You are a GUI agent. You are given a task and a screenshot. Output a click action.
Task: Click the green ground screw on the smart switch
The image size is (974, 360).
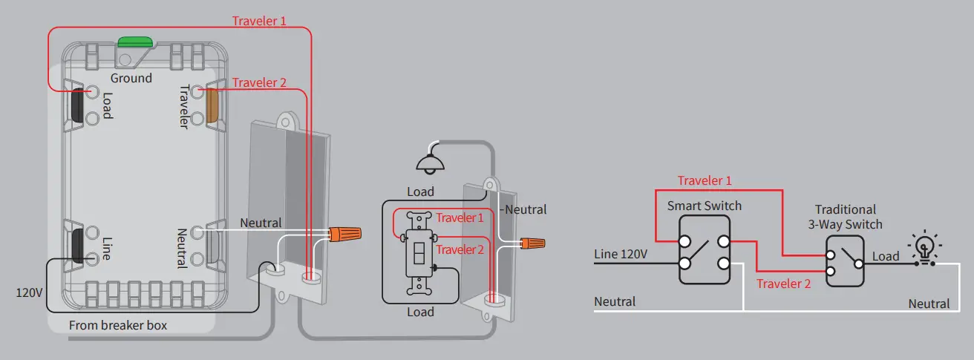[134, 41]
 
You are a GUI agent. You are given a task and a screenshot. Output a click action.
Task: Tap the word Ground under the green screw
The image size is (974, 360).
[131, 78]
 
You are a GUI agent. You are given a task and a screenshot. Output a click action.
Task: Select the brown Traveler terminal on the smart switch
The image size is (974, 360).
[212, 105]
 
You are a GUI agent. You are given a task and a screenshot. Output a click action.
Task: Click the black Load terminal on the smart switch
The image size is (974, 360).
[77, 105]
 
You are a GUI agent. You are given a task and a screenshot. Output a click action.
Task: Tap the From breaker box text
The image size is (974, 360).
[118, 325]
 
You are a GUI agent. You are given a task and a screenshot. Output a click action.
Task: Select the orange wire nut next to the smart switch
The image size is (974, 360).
[345, 235]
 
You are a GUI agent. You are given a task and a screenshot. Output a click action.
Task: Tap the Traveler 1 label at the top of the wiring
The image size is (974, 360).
[259, 21]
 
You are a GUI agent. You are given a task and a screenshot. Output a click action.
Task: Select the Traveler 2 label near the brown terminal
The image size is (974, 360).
[259, 82]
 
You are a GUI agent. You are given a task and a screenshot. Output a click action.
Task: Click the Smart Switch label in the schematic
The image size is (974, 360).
[704, 206]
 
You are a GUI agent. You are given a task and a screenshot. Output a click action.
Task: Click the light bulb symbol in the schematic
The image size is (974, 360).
[924, 248]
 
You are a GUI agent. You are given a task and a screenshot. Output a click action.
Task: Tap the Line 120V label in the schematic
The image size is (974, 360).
[621, 255]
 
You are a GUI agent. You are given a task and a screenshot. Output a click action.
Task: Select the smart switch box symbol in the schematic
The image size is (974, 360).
[705, 252]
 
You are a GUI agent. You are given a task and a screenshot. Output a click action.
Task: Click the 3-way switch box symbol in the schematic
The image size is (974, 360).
[845, 261]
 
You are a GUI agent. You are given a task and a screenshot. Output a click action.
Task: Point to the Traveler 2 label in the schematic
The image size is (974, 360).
[783, 283]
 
